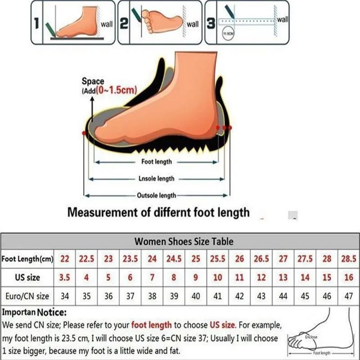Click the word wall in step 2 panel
tap(192, 24)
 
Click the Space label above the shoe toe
tap(93, 81)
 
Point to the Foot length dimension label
tap(157, 162)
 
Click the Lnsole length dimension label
tap(156, 179)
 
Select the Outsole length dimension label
tap(156, 195)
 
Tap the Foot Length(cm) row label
tap(27, 259)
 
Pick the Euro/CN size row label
tap(27, 296)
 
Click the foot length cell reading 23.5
tap(130, 259)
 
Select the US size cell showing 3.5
tap(64, 278)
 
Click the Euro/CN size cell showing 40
tap(196, 296)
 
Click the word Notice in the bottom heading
tap(52, 312)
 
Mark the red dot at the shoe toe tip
tap(84, 133)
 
